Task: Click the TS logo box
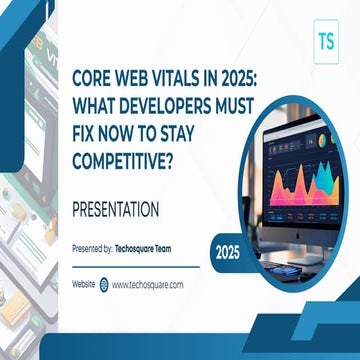coord(324,43)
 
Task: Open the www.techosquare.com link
coord(147,284)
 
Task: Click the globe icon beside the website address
coord(104,284)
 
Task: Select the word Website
coord(84,284)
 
